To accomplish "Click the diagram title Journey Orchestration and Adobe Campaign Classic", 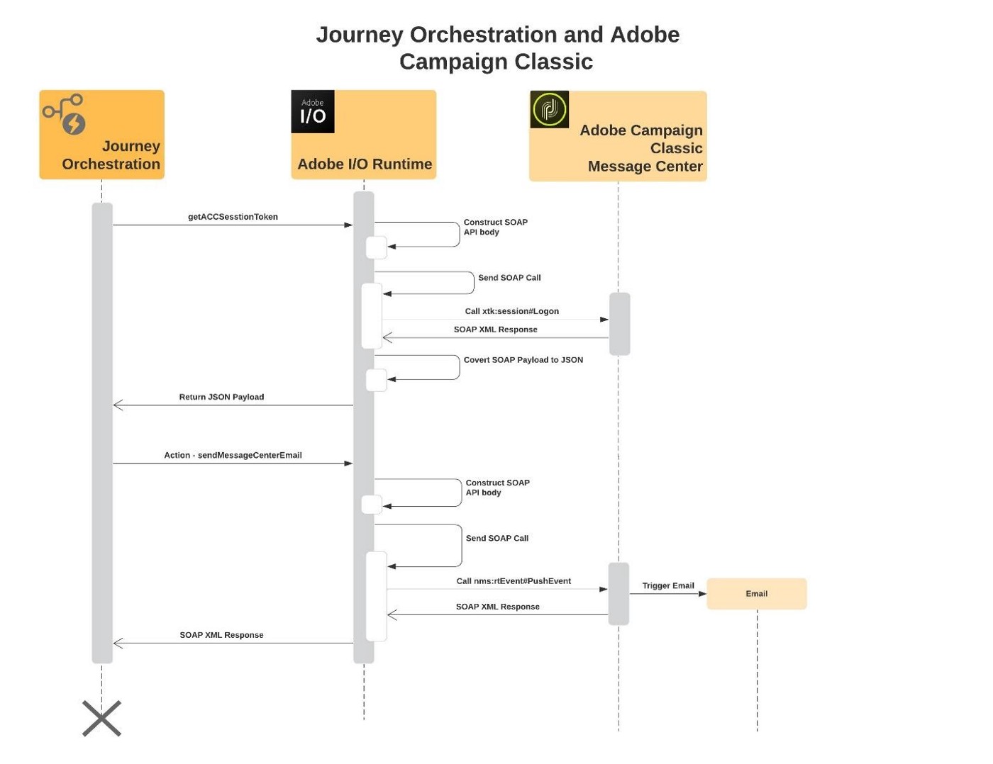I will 497,47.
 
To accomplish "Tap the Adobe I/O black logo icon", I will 313,112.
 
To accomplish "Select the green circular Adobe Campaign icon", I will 549,110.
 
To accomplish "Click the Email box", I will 756,594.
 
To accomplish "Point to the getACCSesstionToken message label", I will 233,217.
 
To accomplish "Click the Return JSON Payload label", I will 221,397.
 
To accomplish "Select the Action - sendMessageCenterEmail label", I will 233,455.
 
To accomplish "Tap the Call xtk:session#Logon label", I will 511,311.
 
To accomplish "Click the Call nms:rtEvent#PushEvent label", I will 514,581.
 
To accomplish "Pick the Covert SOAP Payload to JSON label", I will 523,360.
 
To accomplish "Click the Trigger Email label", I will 667,585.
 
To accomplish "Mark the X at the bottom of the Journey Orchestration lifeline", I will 102,719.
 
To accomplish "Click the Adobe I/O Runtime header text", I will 365,164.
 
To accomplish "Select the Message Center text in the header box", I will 645,167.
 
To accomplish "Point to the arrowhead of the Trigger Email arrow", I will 702,594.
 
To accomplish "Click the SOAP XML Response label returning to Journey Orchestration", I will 221,635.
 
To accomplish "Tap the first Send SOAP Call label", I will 509,278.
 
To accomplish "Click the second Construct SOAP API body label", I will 497,488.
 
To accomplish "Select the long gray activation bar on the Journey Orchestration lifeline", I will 102,432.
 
